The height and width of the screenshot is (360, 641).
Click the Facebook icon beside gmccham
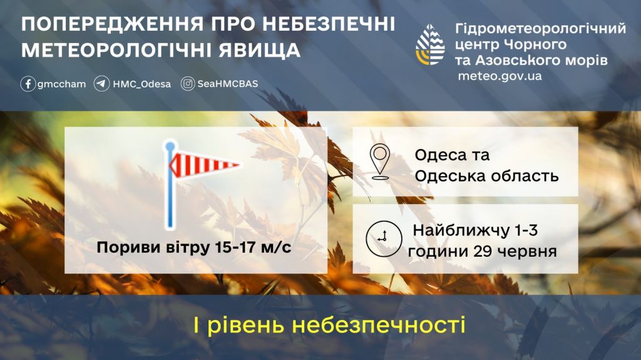[28, 84]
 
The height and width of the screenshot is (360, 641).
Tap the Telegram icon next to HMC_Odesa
[102, 84]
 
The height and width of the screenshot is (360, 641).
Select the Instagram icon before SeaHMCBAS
[188, 84]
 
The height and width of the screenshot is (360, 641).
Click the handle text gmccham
[62, 85]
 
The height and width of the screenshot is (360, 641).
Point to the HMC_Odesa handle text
[142, 85]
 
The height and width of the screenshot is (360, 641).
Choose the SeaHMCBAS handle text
[228, 84]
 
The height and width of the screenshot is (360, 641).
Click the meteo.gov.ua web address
[500, 76]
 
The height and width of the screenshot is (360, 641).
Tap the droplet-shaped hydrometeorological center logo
[430, 44]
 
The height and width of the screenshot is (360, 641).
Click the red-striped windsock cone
[204, 165]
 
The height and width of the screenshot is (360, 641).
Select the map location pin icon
[380, 162]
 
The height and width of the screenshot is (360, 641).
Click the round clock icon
[384, 239]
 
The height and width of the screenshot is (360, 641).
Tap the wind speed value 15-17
[236, 247]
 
